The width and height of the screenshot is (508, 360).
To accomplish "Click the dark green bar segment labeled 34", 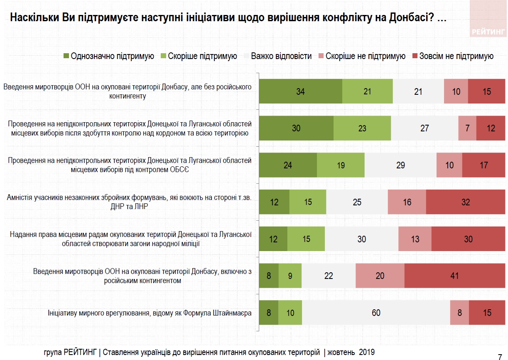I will coord(300,91).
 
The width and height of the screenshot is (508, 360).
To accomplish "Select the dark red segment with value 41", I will coord(455,276).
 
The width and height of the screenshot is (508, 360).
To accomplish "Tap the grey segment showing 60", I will coord(376,313).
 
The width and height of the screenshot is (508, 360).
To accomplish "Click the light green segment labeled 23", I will coord(362,128).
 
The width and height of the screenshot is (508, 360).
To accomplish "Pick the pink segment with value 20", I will coord(380,276).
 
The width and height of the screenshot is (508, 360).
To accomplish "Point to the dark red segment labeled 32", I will coord(466,202).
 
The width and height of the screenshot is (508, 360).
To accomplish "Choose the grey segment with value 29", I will coord(400,165).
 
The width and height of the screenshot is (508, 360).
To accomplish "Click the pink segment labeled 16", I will coord(407,202).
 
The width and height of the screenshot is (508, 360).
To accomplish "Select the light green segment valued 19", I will coord(341,165).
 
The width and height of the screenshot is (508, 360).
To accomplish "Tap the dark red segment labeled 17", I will coord(483,165).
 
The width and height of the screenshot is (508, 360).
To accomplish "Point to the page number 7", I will coord(500,356).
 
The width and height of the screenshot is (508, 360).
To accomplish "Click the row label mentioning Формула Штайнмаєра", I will coord(150,313).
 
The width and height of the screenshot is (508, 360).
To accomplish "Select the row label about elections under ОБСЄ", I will coord(130,165).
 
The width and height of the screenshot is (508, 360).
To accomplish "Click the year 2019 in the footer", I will coord(366,352).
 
